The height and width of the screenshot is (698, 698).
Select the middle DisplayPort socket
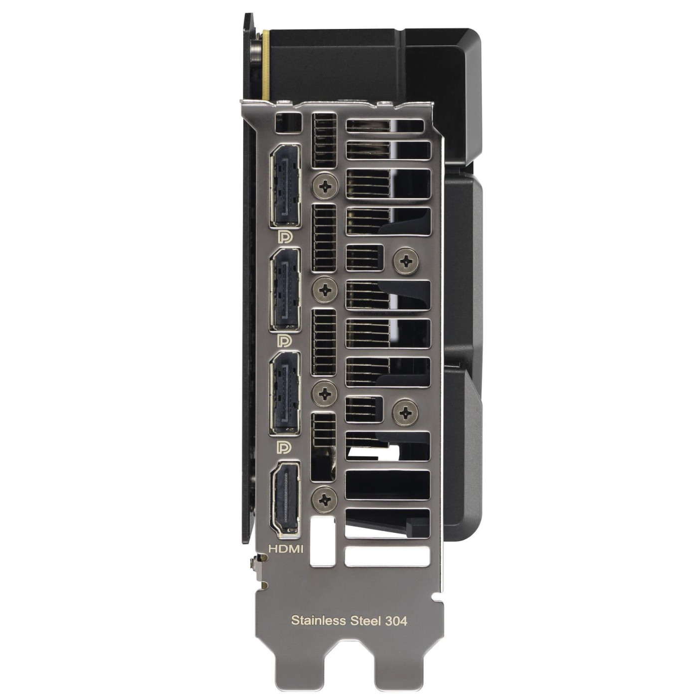(x=285, y=290)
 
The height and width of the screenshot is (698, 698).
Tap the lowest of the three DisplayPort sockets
(x=285, y=393)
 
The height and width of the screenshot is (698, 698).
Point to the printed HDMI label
(x=285, y=548)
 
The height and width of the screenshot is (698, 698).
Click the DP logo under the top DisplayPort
(x=284, y=237)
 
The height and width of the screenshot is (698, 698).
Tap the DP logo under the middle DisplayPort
(x=284, y=341)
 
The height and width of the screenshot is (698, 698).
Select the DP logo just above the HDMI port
(x=284, y=447)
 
